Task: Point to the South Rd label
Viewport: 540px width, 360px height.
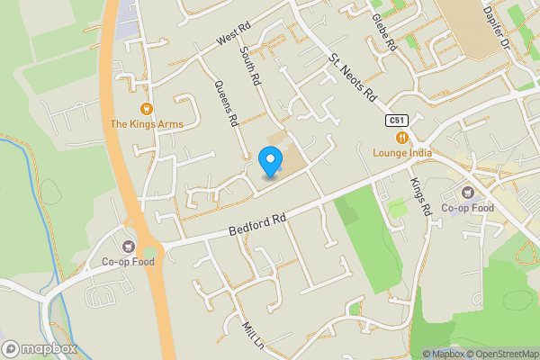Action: coord(251,67)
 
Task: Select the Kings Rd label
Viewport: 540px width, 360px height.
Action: coord(420,195)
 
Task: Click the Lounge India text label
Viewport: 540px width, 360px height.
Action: coord(402,152)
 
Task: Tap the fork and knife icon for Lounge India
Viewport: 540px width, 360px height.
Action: coord(402,137)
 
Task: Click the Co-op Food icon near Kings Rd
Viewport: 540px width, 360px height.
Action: coord(469,193)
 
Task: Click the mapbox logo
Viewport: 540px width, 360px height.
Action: coord(39,348)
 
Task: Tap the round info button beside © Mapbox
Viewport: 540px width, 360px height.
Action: coord(416,354)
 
